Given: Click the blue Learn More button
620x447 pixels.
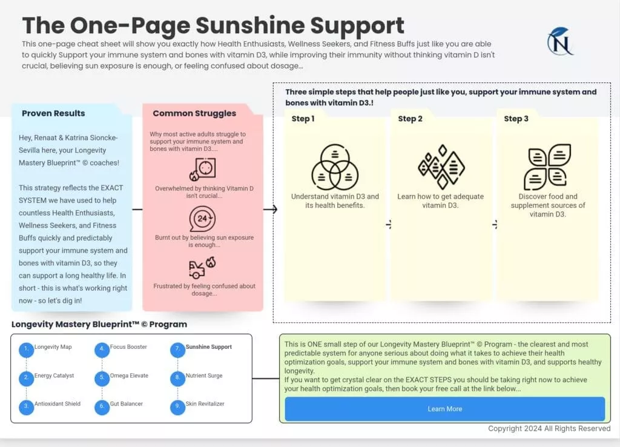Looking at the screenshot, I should (444, 409).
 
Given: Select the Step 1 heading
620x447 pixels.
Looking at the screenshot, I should (303, 119).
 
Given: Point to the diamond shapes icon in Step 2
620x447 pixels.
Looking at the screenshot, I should (441, 167).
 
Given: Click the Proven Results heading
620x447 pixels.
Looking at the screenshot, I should (53, 113).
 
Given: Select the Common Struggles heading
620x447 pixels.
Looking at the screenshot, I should (194, 113).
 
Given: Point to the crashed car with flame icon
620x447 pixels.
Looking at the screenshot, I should (202, 268).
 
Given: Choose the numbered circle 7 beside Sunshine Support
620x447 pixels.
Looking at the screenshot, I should (177, 349).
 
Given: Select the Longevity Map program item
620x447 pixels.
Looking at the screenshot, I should (53, 347).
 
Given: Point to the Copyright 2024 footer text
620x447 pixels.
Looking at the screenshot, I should (549, 428).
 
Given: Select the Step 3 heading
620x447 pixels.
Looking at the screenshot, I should (516, 119).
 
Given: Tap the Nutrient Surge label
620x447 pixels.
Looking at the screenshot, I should (204, 376).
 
